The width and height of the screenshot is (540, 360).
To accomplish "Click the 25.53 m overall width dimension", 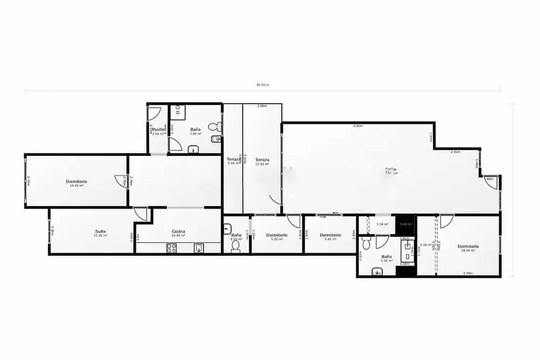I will click(262, 85).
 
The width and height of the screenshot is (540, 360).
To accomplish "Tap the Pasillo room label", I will click(158, 130).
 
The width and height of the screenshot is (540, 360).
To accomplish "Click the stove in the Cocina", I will click(172, 248).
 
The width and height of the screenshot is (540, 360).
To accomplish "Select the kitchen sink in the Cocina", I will click(199, 248).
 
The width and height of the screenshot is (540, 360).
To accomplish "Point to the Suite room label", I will click(100, 232).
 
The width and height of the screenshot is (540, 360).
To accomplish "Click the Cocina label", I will click(178, 232).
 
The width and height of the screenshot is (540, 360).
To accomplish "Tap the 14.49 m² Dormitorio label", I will click(76, 182).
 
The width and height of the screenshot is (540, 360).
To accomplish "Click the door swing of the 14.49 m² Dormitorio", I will click(120, 181).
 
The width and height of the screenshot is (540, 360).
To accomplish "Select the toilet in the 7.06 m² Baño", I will click(214, 127).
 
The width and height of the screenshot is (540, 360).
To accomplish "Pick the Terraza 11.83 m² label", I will click(262, 160).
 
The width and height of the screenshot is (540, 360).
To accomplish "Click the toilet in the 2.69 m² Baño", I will click(235, 246).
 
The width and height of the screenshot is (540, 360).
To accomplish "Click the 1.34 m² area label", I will click(382, 224).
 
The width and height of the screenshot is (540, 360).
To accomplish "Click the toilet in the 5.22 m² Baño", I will click(367, 244).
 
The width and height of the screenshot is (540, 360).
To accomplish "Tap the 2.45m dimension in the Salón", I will click(455, 152).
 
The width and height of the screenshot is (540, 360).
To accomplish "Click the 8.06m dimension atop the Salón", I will click(357, 126).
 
